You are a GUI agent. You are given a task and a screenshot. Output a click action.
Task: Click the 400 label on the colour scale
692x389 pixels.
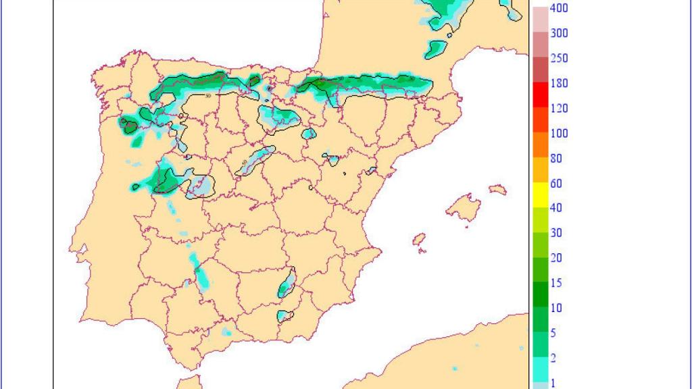(x=559, y=8)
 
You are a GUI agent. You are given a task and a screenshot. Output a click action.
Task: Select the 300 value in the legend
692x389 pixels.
(x=559, y=33)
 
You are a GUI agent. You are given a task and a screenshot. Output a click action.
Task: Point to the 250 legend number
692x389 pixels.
(x=559, y=58)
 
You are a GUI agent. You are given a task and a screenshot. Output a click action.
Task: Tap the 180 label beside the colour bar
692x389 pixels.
(x=559, y=83)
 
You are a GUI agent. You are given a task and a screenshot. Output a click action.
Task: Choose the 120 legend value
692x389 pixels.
(x=559, y=108)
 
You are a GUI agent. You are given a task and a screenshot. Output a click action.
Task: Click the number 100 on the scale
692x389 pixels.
(x=559, y=133)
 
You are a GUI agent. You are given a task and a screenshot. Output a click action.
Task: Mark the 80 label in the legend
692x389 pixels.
(x=556, y=158)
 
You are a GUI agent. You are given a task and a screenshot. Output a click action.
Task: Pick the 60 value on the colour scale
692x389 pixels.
(x=556, y=183)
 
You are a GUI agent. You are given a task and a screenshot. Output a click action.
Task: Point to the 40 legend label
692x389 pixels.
(x=556, y=208)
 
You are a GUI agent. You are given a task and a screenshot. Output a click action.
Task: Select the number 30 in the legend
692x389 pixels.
(x=556, y=233)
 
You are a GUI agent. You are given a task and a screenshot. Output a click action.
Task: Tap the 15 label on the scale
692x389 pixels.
(x=556, y=283)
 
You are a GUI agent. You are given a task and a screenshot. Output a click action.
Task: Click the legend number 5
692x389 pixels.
(x=553, y=333)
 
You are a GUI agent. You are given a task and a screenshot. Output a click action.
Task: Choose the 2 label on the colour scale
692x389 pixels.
(x=553, y=358)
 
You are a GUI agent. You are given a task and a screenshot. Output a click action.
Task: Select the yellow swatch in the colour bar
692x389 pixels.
(x=541, y=195)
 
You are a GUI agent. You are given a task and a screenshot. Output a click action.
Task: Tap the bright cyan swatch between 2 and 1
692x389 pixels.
(x=541, y=369)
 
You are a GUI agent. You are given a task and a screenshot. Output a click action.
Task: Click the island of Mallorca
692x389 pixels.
(x=464, y=207)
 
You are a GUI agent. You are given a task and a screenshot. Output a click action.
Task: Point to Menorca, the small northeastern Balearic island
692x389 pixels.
(x=497, y=190)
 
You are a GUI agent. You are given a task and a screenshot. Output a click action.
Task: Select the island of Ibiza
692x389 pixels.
(x=419, y=240)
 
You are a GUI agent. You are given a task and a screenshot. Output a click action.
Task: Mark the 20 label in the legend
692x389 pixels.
(x=556, y=258)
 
